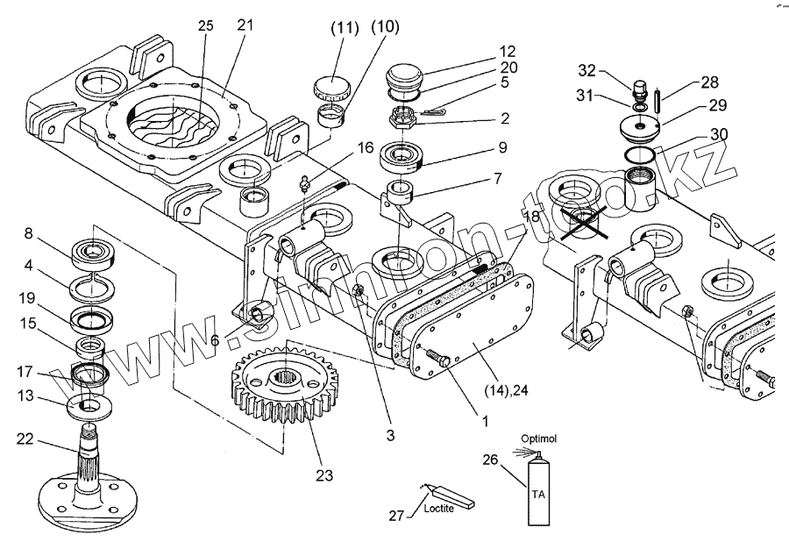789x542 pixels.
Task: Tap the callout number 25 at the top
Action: pyautogui.click(x=205, y=26)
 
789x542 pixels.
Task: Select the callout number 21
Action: pyautogui.click(x=245, y=25)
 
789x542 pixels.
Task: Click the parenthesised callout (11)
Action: pyautogui.click(x=345, y=28)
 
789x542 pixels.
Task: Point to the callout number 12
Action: pyautogui.click(x=508, y=51)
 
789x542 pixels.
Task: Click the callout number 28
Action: pyautogui.click(x=708, y=82)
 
